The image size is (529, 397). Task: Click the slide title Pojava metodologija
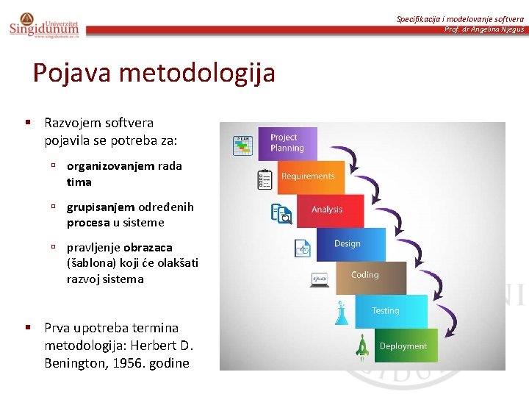pos(154,73)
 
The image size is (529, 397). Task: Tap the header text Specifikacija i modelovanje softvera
pos(460,18)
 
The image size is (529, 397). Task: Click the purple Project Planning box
pos(287,143)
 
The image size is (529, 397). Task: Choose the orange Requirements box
pos(310,176)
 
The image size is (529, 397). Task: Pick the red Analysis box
pos(328,210)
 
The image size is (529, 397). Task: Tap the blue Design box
pos(349,244)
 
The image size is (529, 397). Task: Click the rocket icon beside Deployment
pos(362,345)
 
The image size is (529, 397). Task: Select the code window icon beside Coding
pos(320,279)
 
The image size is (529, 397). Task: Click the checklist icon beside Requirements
pos(264,179)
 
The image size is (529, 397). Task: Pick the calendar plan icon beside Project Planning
pos(242,146)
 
